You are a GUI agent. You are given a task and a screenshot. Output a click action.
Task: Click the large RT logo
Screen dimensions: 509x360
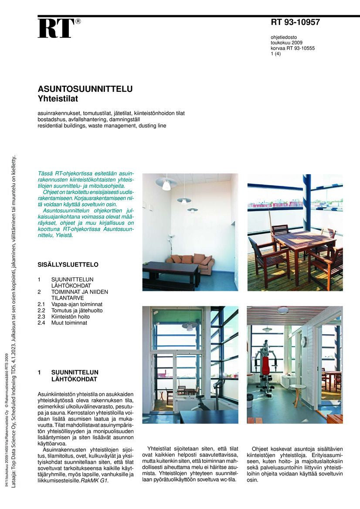pyautogui.click(x=55, y=29)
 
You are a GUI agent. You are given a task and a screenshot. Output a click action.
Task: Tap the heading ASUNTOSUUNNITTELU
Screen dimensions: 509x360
pyautogui.click(x=85, y=89)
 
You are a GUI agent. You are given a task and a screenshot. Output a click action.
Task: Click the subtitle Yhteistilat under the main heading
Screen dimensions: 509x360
pyautogui.click(x=58, y=99)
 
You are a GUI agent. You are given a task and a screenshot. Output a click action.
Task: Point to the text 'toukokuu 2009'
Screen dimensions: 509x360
pyautogui.click(x=286, y=43)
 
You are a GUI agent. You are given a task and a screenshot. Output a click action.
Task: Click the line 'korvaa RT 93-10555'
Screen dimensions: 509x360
pyautogui.click(x=292, y=48)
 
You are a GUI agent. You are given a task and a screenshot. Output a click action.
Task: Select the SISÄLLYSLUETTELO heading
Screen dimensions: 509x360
pyautogui.click(x=68, y=264)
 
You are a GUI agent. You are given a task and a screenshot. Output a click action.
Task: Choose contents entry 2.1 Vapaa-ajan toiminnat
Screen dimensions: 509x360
pyautogui.click(x=77, y=304)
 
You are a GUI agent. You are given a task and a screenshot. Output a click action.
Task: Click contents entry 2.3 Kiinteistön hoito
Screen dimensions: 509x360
pyautogui.click(x=70, y=317)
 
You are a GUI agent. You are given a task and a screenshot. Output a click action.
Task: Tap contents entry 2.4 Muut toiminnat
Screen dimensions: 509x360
pyautogui.click(x=69, y=323)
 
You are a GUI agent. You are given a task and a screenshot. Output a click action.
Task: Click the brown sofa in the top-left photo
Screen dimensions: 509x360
pyautogui.click(x=191, y=262)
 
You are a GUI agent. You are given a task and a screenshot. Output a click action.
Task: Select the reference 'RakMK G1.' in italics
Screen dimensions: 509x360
pyautogui.click(x=94, y=481)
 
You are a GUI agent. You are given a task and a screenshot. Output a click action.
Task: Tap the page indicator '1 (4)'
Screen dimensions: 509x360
pyautogui.click(x=276, y=54)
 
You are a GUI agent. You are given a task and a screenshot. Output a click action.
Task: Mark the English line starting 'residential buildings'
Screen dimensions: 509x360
pyautogui.click(x=102, y=126)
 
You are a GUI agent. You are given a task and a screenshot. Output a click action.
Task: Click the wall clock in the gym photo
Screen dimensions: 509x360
pyautogui.click(x=304, y=342)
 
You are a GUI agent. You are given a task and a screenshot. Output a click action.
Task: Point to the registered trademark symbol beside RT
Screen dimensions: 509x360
pyautogui.click(x=78, y=21)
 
